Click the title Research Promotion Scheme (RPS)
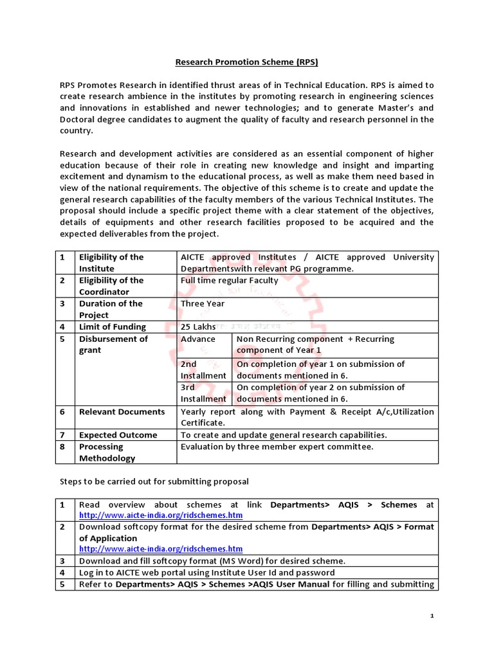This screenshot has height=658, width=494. pos(248,62)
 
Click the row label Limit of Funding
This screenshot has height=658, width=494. pos(112,326)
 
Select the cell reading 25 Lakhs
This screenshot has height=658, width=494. pos(198,326)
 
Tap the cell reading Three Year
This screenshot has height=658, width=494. pos(203,303)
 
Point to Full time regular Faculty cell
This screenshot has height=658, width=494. pos(229,280)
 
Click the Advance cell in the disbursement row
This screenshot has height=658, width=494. pos(198,339)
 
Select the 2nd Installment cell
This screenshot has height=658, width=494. pos(203,369)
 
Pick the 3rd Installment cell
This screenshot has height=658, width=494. pos(203,393)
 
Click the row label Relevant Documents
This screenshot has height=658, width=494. pos(122,411)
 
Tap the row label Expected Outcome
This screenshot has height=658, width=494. pos(118,435)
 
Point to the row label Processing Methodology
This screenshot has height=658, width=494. pos(107,452)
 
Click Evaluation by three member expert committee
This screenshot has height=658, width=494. pos(277,447)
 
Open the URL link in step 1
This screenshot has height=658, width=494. pos(161,515)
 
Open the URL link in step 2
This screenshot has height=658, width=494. pos(161,549)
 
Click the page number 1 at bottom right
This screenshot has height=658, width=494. pos(432,616)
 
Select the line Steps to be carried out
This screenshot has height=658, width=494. pos(154,481)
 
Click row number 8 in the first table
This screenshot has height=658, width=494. pos(63,447)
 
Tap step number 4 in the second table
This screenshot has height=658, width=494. pos(63,573)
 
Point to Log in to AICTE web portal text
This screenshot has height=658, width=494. pos(206,573)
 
